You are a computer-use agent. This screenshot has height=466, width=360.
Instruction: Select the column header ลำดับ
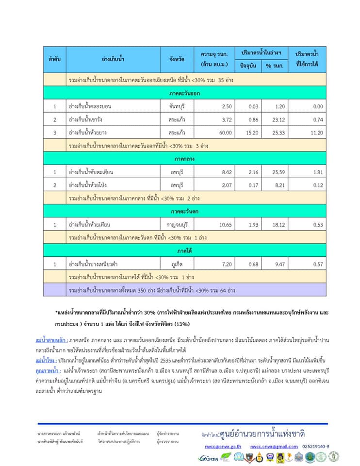54,59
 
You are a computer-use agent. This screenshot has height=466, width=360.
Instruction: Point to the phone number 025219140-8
316,446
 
